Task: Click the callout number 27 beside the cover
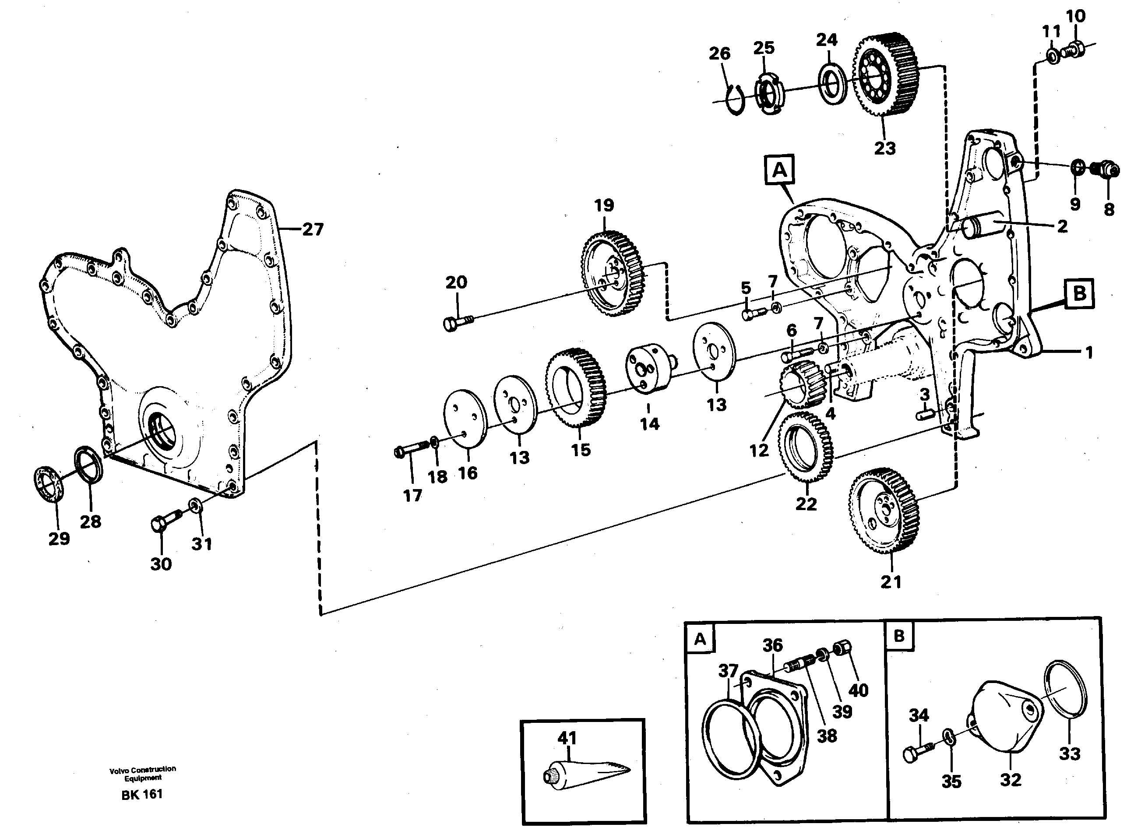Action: point(312,229)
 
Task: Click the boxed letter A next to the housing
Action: point(779,170)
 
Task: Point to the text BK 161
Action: point(142,795)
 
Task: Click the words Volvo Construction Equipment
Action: point(143,773)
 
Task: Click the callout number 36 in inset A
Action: point(772,645)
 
